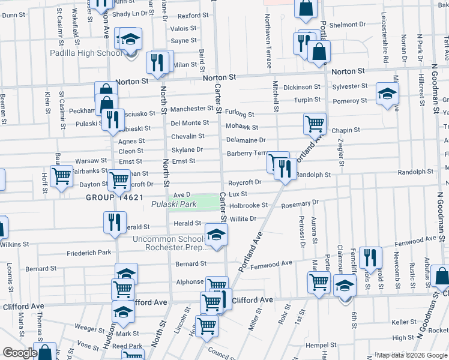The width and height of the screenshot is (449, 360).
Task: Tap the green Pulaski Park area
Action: [207, 203]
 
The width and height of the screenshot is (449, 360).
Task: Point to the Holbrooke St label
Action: [247, 205]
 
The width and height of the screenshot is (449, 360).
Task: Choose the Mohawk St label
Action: [242, 127]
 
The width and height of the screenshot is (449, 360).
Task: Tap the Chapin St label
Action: [345, 130]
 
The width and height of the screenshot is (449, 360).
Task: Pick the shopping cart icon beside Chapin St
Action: [315, 124]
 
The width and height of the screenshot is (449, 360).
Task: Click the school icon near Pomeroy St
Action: [387, 94]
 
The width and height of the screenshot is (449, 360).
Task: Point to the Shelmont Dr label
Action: [344, 25]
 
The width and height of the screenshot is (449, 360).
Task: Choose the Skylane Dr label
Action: [187, 149]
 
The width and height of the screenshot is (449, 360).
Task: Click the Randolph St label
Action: [314, 175]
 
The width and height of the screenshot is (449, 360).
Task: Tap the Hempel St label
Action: [320, 345]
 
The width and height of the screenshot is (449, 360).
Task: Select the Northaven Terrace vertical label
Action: [268, 33]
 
